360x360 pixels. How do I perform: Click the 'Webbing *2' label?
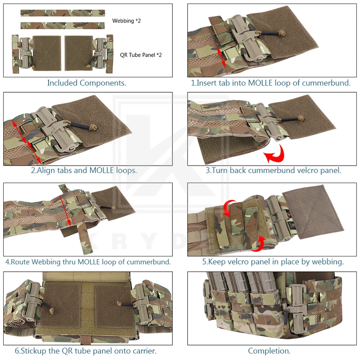[126, 21]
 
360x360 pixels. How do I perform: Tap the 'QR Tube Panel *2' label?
[141, 55]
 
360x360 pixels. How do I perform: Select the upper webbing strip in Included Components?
[63, 13]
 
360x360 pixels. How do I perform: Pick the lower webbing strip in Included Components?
[63, 26]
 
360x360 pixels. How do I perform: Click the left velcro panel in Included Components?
[47, 53]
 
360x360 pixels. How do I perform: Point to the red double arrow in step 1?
[221, 57]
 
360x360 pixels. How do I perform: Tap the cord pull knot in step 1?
[283, 33]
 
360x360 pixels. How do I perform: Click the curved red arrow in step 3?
[275, 154]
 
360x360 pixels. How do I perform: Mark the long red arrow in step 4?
[65, 211]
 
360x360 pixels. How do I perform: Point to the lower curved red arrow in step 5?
[258, 243]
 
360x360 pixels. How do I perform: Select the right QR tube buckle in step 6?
[141, 302]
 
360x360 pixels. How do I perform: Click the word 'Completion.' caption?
[269, 351]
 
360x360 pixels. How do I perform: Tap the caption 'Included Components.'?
[87, 83]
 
